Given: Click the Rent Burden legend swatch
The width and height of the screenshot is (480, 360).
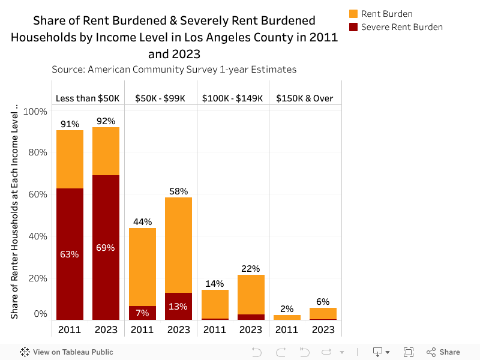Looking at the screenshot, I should coord(353,14).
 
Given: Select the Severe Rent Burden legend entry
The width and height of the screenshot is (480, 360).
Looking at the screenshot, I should coord(401,27).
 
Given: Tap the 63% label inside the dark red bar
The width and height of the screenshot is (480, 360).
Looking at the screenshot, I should coord(70,254).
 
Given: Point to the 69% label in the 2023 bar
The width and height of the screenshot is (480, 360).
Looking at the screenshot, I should coord(106,247).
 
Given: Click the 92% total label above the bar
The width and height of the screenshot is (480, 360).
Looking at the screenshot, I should coord(106,121).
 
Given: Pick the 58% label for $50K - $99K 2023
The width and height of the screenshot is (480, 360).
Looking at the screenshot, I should coord(178,191).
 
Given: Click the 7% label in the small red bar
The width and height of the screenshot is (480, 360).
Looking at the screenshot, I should coord(142,313).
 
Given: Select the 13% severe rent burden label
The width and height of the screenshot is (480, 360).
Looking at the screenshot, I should coord(178,306).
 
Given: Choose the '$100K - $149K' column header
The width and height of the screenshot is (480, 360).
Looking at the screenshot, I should coord(233,98).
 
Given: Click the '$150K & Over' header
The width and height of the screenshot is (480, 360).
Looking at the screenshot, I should coord(305,98).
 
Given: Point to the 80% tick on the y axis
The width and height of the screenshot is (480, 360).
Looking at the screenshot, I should coord(35,152).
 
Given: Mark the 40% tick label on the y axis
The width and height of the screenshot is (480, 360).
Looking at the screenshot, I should coord(35,236).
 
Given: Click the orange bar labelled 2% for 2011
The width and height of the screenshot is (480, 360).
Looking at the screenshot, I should coord(287,317).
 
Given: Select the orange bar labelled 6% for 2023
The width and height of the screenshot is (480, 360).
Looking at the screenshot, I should coord(323,313).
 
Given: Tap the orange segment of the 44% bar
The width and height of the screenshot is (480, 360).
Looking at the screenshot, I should coord(142,267).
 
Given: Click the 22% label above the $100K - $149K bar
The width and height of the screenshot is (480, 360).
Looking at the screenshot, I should coord(251,269).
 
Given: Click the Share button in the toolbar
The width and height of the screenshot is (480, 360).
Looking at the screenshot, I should coord(443,352).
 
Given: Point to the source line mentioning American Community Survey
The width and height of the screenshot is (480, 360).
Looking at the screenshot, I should coord(174,70).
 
